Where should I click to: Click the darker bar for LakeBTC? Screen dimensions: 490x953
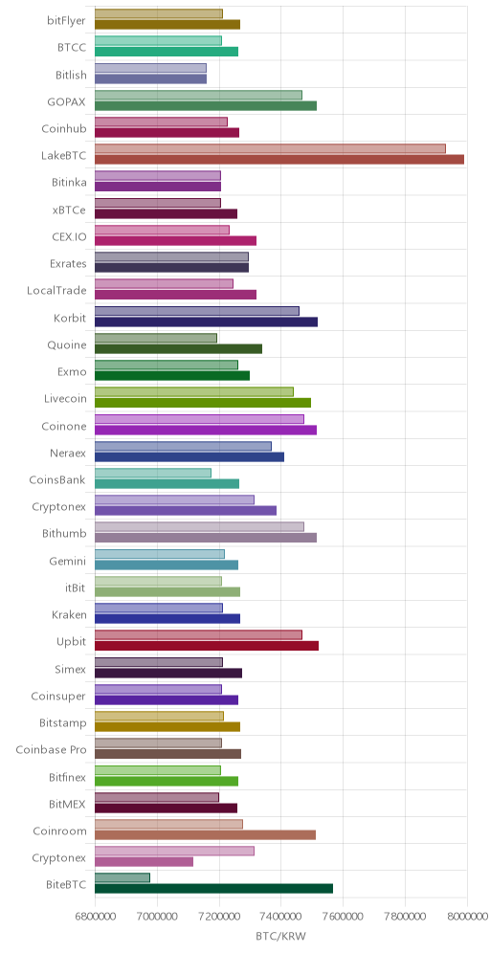(x=279, y=159)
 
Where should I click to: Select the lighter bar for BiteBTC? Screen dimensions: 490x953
(x=122, y=877)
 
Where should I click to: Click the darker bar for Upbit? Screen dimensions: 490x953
(x=207, y=646)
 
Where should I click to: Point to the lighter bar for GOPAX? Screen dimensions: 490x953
(x=198, y=95)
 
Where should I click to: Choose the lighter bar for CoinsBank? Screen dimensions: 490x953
(x=153, y=473)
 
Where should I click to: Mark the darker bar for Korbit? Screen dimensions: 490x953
(x=206, y=321)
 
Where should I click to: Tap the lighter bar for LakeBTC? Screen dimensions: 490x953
(x=270, y=149)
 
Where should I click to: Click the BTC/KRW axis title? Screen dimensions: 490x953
(x=280, y=937)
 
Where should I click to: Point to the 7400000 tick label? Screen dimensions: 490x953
(x=280, y=917)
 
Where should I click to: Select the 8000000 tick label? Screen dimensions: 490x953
(x=467, y=917)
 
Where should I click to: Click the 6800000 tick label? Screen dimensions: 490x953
(x=95, y=917)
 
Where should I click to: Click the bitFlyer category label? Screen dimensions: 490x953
(x=66, y=22)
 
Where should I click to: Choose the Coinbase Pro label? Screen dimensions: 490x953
(x=51, y=750)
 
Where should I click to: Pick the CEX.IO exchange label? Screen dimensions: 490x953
(x=69, y=237)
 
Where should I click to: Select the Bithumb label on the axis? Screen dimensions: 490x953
(x=64, y=534)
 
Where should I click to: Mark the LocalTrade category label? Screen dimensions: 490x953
(x=56, y=291)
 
